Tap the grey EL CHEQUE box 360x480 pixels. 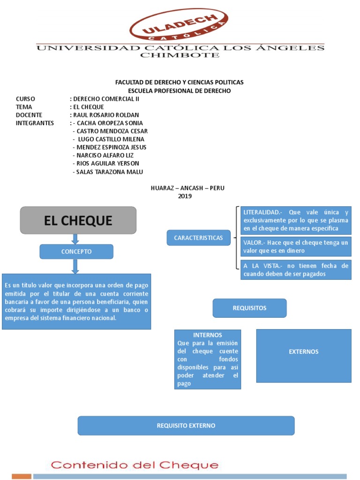(x=78, y=220)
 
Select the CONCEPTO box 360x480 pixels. (x=76, y=252)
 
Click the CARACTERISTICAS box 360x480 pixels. (x=198, y=238)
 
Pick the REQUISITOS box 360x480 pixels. (x=249, y=308)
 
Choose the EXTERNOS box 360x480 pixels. (x=304, y=352)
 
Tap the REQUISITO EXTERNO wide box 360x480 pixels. (x=186, y=426)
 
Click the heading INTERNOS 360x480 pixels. (x=208, y=335)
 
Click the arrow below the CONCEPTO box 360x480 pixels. (x=75, y=266)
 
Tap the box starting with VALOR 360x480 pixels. (x=295, y=247)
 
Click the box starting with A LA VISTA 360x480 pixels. (x=295, y=270)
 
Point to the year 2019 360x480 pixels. (x=185, y=196)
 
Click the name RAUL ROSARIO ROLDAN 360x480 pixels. (x=106, y=115)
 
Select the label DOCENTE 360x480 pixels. (x=29, y=115)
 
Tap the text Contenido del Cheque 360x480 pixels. (x=135, y=465)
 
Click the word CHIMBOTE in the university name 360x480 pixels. (x=180, y=55)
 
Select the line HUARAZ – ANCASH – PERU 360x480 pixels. (x=187, y=188)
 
